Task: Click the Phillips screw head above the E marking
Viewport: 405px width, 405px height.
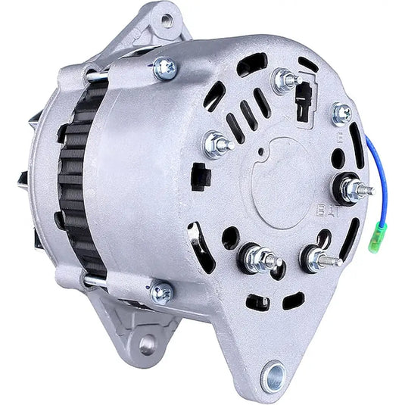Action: coord(342,113)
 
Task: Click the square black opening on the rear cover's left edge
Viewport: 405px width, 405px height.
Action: coord(201,176)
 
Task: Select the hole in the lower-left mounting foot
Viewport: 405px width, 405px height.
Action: coord(147,344)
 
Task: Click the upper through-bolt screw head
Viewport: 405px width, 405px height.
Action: coord(164,69)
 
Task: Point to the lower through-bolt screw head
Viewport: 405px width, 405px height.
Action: coord(161,291)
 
